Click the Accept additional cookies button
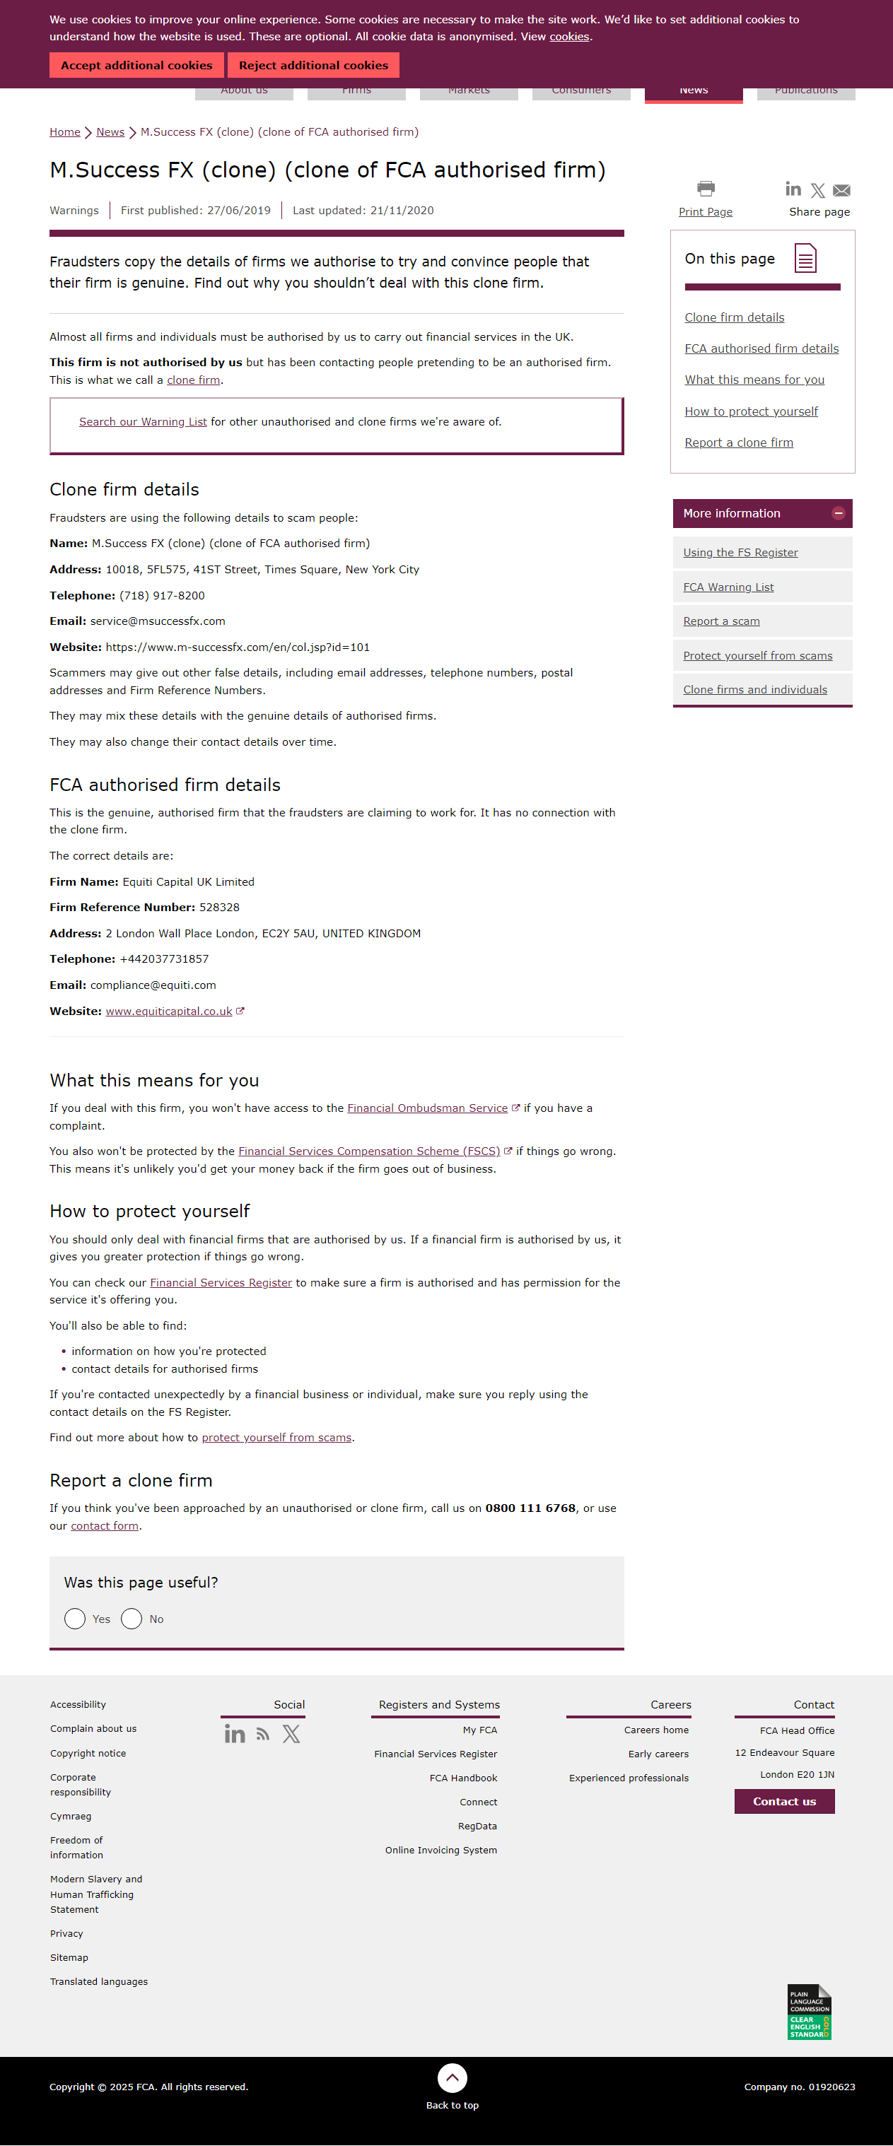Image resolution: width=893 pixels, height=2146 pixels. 136,65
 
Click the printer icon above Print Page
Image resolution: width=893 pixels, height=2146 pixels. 706,188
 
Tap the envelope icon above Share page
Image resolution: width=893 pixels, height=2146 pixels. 841,191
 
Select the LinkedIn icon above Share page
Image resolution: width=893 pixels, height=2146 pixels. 793,190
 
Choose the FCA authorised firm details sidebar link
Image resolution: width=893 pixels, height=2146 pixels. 761,349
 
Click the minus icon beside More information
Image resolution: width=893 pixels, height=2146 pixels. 838,514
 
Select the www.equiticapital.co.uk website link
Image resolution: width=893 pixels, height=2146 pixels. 169,1012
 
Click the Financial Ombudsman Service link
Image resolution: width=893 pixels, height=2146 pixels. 427,1109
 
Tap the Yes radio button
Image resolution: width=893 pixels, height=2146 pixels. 75,1619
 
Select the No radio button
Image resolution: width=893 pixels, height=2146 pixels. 132,1619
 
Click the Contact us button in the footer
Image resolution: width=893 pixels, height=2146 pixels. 784,1801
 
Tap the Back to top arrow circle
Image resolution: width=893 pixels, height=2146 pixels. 453,2077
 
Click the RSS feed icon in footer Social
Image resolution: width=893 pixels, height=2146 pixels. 263,1735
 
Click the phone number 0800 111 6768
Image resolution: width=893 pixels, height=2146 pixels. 530,1508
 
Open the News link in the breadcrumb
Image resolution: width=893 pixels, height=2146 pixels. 110,132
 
